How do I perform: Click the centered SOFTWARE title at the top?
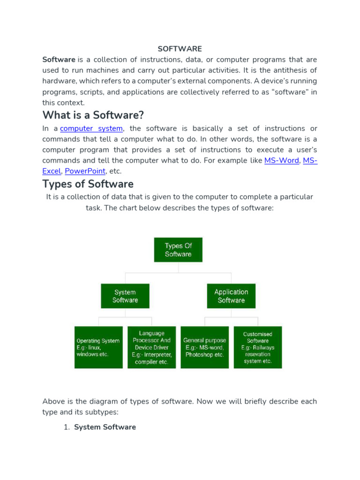(x=180, y=49)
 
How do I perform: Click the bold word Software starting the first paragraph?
(x=59, y=60)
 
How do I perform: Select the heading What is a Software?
(x=93, y=115)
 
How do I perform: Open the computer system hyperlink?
(x=91, y=128)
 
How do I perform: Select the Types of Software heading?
(x=88, y=184)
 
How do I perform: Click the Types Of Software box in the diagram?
(x=178, y=250)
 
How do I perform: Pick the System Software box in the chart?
(x=125, y=296)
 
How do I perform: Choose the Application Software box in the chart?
(x=231, y=296)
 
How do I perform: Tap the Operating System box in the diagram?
(x=98, y=347)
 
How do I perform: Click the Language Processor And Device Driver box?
(x=152, y=347)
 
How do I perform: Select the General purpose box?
(x=205, y=347)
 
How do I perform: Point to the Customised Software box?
(x=258, y=347)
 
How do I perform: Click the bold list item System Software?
(x=105, y=427)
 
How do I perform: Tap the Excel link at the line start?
(x=52, y=172)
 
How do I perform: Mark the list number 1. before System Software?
(x=67, y=427)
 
